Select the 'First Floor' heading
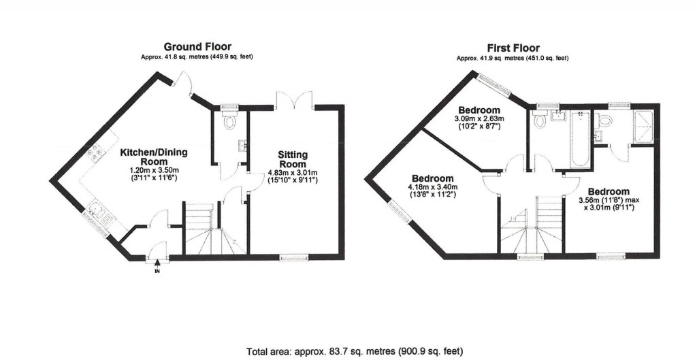click(x=513, y=48)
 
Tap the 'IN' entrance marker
click(x=157, y=272)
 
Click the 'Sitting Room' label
click(x=295, y=159)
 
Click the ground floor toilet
click(x=230, y=121)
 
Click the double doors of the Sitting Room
click(x=293, y=99)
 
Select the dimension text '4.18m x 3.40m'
click(x=432, y=187)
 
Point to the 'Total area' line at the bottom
click(x=354, y=351)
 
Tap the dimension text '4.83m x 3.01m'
click(x=295, y=173)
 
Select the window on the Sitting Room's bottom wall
click(x=293, y=257)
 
